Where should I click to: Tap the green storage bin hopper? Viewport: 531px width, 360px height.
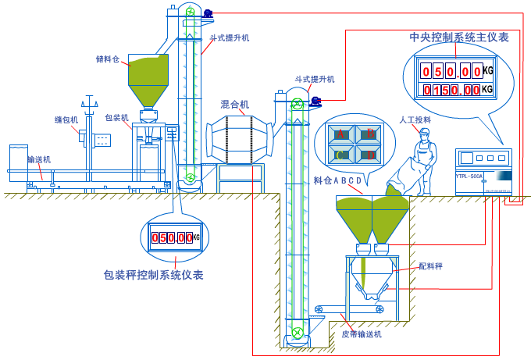(x=147, y=74)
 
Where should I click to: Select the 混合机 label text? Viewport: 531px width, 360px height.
(x=235, y=104)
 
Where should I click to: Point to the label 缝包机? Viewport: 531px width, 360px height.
(x=66, y=119)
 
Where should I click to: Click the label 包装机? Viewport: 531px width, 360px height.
(x=117, y=118)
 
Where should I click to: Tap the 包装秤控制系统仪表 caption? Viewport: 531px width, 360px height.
(x=154, y=275)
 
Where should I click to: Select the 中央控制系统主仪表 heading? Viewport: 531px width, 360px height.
(x=460, y=37)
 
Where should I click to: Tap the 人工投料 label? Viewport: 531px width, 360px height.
(x=415, y=119)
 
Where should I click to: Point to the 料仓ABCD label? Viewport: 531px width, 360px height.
(x=338, y=181)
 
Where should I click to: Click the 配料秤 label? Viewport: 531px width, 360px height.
(x=430, y=266)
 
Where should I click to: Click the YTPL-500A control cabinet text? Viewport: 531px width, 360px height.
(x=469, y=176)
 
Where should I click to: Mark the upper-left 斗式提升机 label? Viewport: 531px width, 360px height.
(x=230, y=37)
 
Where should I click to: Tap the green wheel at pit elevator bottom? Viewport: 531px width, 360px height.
(x=297, y=334)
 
